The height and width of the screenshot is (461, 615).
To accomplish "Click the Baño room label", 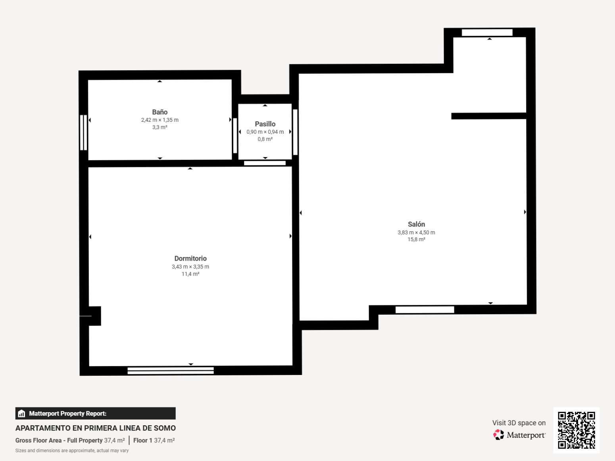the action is click(160, 112).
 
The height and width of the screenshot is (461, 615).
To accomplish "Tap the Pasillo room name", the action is click(265, 124).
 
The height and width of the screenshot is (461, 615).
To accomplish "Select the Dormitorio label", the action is click(190, 259).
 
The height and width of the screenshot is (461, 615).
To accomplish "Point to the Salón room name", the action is click(416, 224).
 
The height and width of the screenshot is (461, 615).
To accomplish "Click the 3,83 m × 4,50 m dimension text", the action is click(416, 232).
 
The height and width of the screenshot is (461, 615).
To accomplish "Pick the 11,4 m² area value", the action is click(190, 274).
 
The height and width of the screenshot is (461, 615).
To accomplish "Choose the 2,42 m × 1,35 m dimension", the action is click(160, 120).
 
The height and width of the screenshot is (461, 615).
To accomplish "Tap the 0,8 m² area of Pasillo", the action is click(265, 139).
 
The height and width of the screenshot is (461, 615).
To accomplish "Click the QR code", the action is click(577, 430).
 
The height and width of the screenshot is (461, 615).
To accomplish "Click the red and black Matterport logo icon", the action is click(498, 435).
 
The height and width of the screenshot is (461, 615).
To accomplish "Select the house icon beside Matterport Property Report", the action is click(21, 413).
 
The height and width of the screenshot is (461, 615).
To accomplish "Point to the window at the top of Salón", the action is click(487, 33).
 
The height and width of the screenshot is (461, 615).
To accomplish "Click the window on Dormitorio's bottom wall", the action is click(171, 371).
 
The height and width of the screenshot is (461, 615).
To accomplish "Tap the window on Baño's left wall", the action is click(83, 133).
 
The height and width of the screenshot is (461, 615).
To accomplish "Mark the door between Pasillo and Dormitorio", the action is click(265, 163).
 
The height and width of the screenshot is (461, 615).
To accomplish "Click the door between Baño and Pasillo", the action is click(235, 136).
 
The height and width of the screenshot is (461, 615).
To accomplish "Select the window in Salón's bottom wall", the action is click(425, 309).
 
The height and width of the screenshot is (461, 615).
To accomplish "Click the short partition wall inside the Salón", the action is click(489, 116).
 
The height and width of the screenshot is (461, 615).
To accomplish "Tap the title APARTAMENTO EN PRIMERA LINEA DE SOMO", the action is click(96, 428).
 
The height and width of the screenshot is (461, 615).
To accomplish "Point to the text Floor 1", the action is click(142, 440).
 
